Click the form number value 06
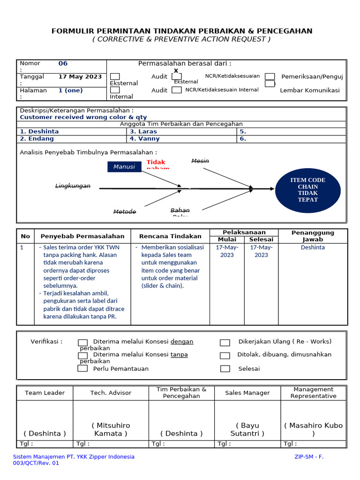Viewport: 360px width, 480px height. click(63, 64)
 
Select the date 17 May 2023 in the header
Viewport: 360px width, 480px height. click(80, 77)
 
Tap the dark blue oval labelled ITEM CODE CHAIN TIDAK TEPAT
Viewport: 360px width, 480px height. click(307, 190)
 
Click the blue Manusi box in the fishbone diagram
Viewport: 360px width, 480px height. click(124, 166)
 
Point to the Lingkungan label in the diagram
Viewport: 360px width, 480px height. click(73, 186)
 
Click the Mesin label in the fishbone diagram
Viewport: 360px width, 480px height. click(200, 161)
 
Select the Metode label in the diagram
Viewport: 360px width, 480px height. click(125, 212)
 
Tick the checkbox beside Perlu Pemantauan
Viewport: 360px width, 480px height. click(82, 368)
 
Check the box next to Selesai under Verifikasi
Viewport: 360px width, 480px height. click(225, 369)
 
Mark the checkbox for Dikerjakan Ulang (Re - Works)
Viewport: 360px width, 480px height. click(225, 343)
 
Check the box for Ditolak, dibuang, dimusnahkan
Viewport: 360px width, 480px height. click(225, 356)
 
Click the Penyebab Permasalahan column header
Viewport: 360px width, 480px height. click(82, 236)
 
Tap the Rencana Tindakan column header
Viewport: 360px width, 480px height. click(170, 236)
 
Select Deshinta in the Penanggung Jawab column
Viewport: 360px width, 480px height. click(313, 247)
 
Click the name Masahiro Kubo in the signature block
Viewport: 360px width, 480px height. click(313, 426)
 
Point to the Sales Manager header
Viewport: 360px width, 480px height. click(247, 393)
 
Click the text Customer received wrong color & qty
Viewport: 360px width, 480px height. click(83, 117)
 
